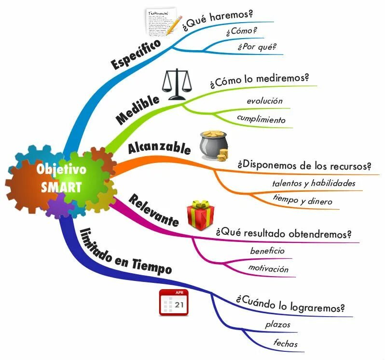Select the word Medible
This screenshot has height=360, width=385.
[x=138, y=110]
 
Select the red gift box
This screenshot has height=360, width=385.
[x=200, y=215]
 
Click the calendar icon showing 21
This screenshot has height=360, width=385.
[x=174, y=302]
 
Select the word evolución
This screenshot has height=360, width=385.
[x=264, y=101]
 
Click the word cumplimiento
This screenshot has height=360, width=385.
[x=261, y=119]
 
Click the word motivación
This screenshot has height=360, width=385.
[x=268, y=268]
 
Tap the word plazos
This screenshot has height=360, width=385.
[x=278, y=324]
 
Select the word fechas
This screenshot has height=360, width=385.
[x=286, y=344]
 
